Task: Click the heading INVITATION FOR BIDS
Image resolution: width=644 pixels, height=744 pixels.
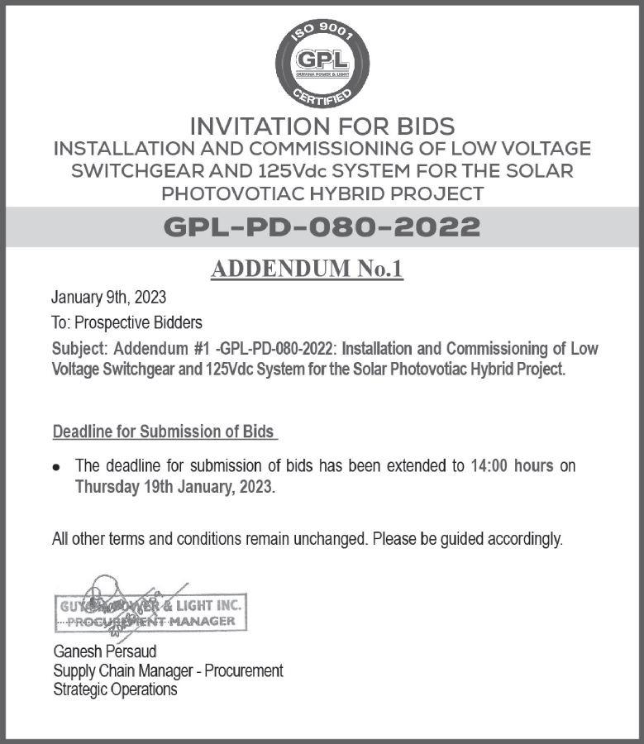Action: tap(322, 126)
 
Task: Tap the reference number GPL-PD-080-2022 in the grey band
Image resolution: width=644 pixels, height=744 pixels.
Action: tap(322, 226)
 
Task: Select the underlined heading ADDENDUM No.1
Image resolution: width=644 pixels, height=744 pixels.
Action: tap(307, 269)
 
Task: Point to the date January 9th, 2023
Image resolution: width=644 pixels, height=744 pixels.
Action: tap(108, 298)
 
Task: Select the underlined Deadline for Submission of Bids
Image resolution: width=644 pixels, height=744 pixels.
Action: tap(163, 432)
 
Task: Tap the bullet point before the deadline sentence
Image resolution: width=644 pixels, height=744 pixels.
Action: tap(56, 467)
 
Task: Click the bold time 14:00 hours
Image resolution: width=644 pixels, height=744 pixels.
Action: tap(512, 465)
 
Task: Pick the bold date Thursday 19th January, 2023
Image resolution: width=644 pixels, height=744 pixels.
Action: tap(174, 487)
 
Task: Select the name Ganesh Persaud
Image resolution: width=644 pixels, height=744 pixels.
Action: tap(104, 651)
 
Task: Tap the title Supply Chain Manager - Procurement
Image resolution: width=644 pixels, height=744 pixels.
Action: tap(168, 670)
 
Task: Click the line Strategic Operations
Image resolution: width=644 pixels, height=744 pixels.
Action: tap(115, 689)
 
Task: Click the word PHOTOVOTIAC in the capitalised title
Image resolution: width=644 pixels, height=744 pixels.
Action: tap(236, 194)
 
